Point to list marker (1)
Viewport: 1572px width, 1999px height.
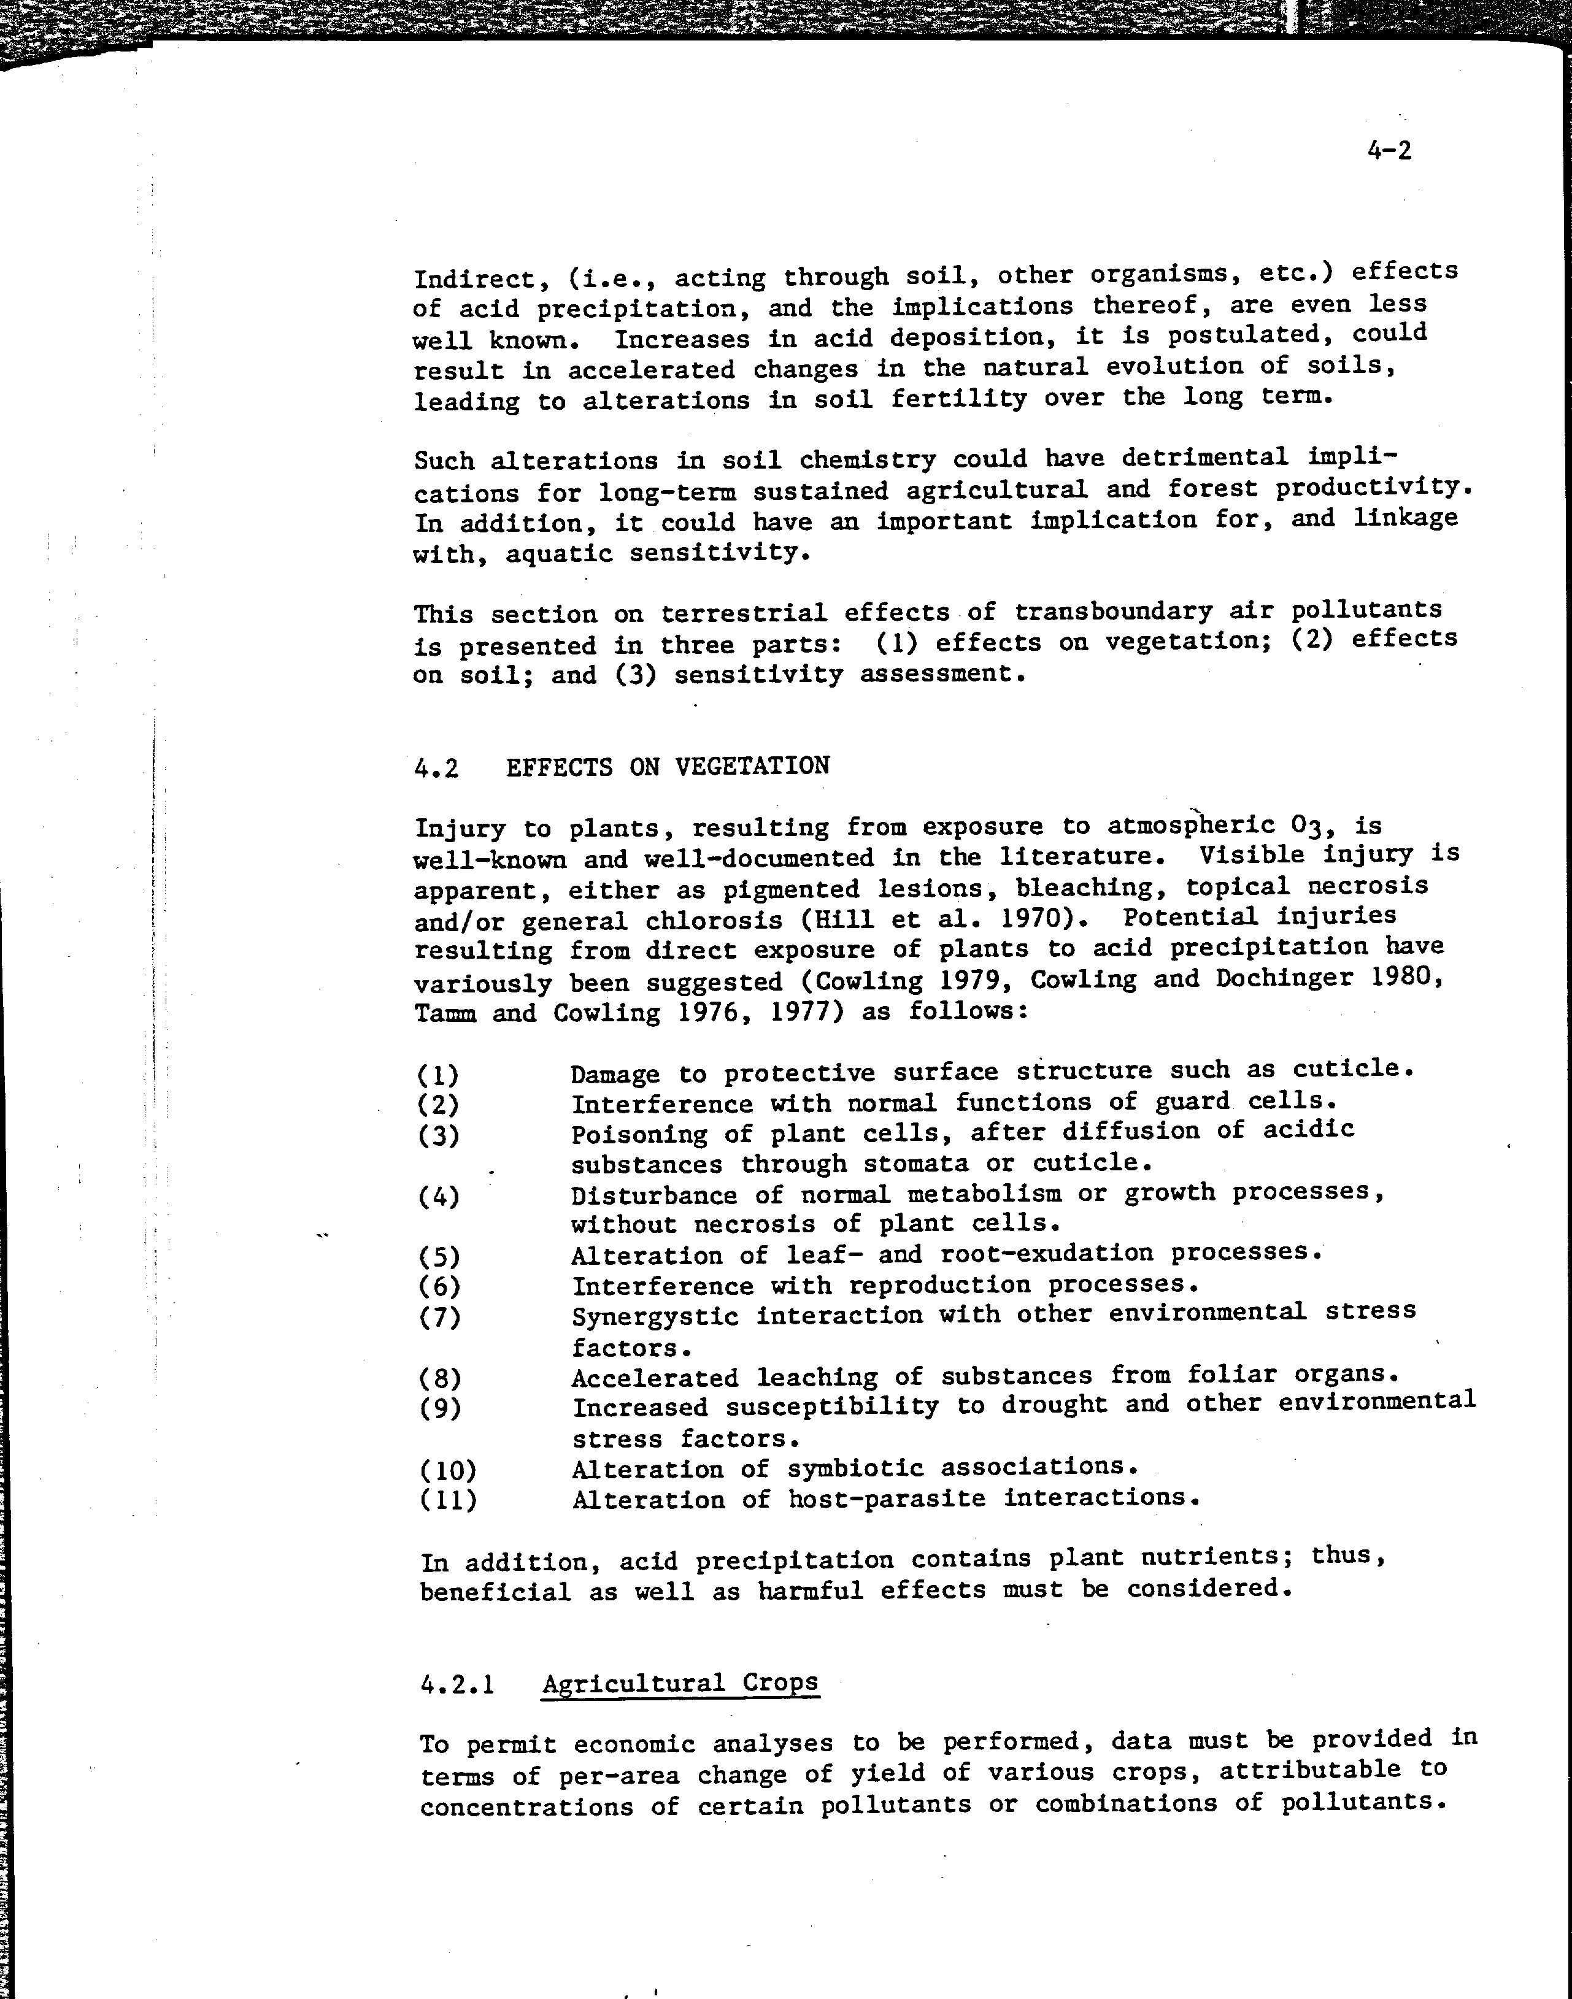point(438,1075)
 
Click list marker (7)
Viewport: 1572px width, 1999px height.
point(439,1318)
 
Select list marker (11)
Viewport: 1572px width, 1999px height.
point(448,1500)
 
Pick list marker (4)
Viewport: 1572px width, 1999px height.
point(438,1197)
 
